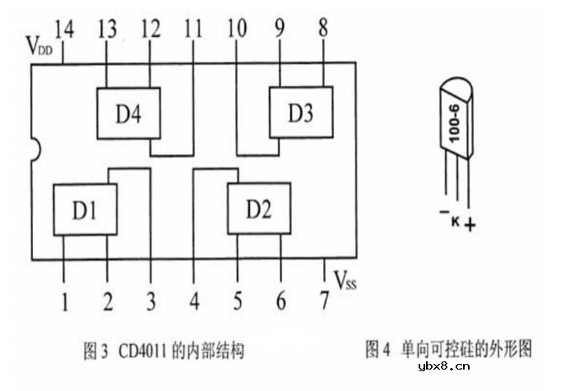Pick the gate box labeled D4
coord(128,113)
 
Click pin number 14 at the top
coord(63,31)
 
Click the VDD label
coord(39,45)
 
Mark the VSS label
coord(345,282)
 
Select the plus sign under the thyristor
coord(470,223)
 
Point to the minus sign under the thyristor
coord(443,214)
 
